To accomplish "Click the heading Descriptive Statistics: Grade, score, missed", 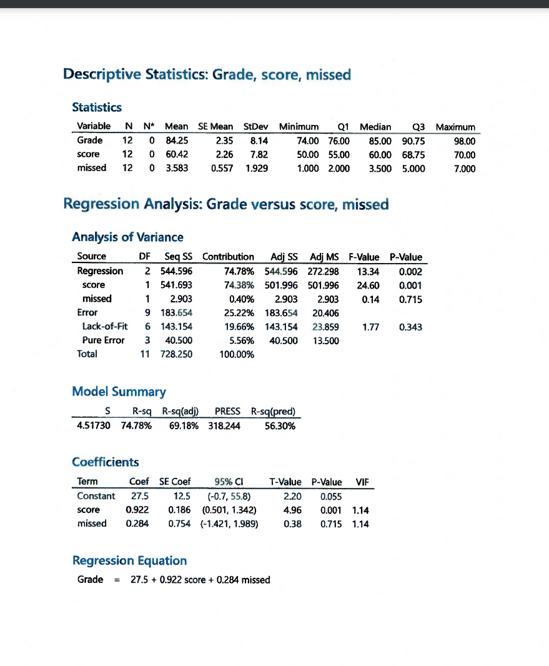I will [x=207, y=75].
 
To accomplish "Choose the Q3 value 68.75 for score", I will [x=413, y=154].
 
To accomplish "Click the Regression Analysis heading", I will [x=226, y=204].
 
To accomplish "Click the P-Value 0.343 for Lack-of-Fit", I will [x=410, y=326].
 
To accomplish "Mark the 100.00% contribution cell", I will [x=237, y=354].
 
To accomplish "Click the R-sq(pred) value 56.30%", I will [x=280, y=425].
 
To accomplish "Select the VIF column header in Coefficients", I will [x=361, y=482].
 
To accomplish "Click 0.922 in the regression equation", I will [x=164, y=580].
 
